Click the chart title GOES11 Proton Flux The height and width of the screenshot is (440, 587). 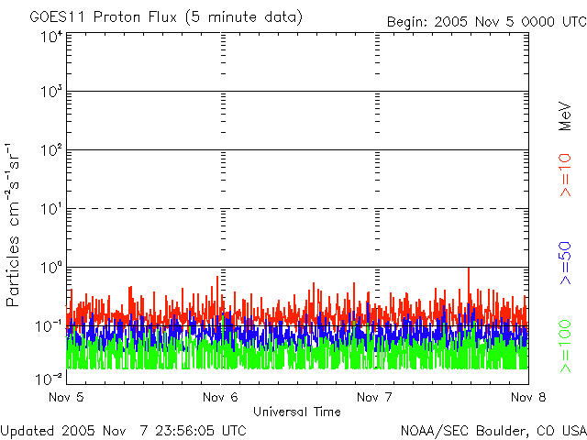click(x=166, y=17)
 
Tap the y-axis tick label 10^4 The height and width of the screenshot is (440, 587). click(x=51, y=38)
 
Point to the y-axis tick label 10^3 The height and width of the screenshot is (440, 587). click(x=51, y=92)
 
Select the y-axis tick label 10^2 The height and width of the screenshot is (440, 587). click(x=51, y=149)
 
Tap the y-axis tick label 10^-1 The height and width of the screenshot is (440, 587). click(x=50, y=325)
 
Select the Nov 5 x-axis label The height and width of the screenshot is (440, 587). click(x=66, y=397)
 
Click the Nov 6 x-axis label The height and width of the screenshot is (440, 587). click(x=219, y=397)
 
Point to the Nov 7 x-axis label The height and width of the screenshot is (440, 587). click(x=373, y=397)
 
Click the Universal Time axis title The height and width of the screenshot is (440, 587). click(x=296, y=412)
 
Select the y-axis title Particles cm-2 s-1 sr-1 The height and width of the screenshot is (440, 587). click(x=15, y=224)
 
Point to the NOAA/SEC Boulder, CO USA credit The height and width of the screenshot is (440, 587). click(x=493, y=430)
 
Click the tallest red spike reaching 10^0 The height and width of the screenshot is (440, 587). click(x=469, y=270)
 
